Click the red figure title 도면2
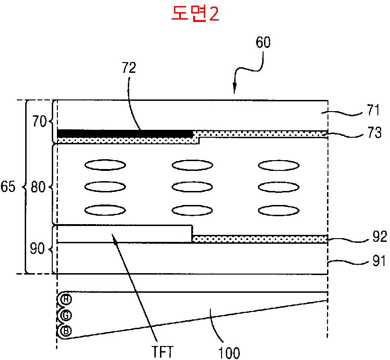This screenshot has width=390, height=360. pos(195,13)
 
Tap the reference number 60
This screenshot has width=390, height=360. pos(263,42)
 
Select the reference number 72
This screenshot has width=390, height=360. pos(129,68)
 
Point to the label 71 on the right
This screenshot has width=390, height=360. pos(373,110)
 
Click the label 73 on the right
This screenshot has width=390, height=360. pos(374,133)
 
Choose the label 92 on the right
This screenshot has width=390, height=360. pos(380,237)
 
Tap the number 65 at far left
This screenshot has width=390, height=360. pos(8,186)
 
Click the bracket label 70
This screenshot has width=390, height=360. pos(39,122)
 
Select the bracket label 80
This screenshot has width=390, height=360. pos(38,187)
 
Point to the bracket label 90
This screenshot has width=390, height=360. pos(37,248)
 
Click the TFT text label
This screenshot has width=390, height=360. pos(162,352)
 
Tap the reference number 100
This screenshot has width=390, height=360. pos(229,353)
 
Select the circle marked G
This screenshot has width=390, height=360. pos(66,316)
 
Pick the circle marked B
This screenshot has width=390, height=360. pos(66,331)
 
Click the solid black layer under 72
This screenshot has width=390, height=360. pos(125,134)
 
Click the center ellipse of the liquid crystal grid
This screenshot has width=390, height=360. pos(192,187)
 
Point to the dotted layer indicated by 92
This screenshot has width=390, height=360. pos(260,239)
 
